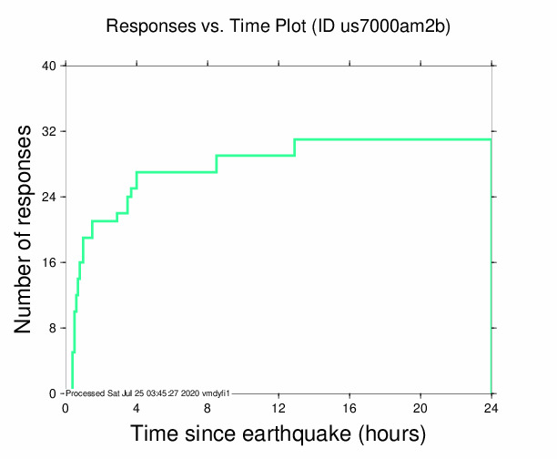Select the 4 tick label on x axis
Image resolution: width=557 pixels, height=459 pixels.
coord(137,407)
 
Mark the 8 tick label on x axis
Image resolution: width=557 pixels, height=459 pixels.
coord(208,407)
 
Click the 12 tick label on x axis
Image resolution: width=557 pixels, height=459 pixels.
coord(278,407)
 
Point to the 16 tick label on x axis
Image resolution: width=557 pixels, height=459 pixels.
coord(349,407)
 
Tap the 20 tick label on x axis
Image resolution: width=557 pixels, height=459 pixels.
coord(420,407)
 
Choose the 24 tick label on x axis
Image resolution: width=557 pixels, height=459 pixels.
coord(491,407)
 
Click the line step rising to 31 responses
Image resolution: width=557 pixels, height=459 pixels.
coord(295,148)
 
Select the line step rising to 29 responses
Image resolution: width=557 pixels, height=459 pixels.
coord(217,164)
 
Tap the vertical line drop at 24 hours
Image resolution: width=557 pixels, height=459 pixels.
coord(491,273)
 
